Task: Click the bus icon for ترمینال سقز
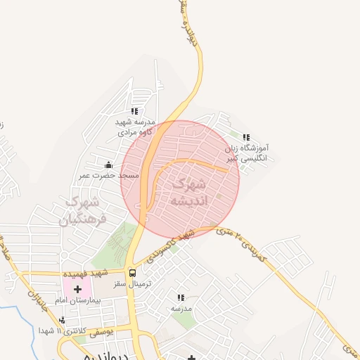132,273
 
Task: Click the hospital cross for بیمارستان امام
78,289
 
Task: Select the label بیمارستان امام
79,300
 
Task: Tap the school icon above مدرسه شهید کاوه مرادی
134,111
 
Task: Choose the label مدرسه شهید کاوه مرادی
134,126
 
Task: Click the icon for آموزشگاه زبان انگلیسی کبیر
245,137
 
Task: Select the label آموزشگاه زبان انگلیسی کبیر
247,154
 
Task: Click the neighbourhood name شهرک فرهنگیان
81,210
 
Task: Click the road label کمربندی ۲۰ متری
243,242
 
